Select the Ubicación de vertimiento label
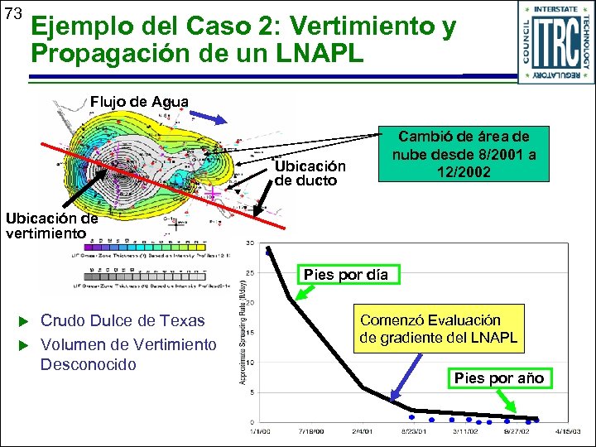point(51,226)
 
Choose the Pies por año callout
point(499,377)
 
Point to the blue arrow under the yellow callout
point(406,382)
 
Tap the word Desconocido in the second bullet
point(88,364)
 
